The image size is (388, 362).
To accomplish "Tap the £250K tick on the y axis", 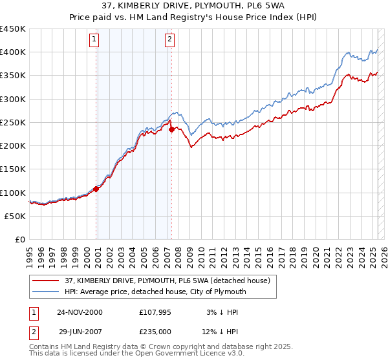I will pos(13,122).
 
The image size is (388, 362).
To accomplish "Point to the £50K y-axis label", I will pos(16,216).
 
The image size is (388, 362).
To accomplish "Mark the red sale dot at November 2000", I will pos(96,189).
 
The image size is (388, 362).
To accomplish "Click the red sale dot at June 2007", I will pos(171,129).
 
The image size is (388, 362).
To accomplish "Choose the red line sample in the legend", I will pos(46,280).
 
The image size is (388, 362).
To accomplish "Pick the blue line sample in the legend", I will pos(46,292).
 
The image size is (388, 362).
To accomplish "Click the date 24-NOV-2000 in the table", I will pos(80,312).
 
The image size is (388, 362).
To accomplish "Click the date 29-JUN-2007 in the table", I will pos(79,332).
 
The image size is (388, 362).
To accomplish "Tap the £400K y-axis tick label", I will pos(13,52).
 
